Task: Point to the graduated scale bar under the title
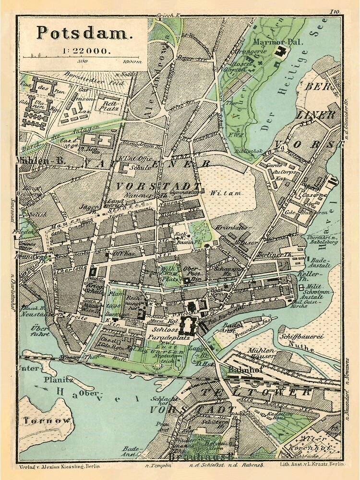point(82,57)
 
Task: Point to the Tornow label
point(47,420)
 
